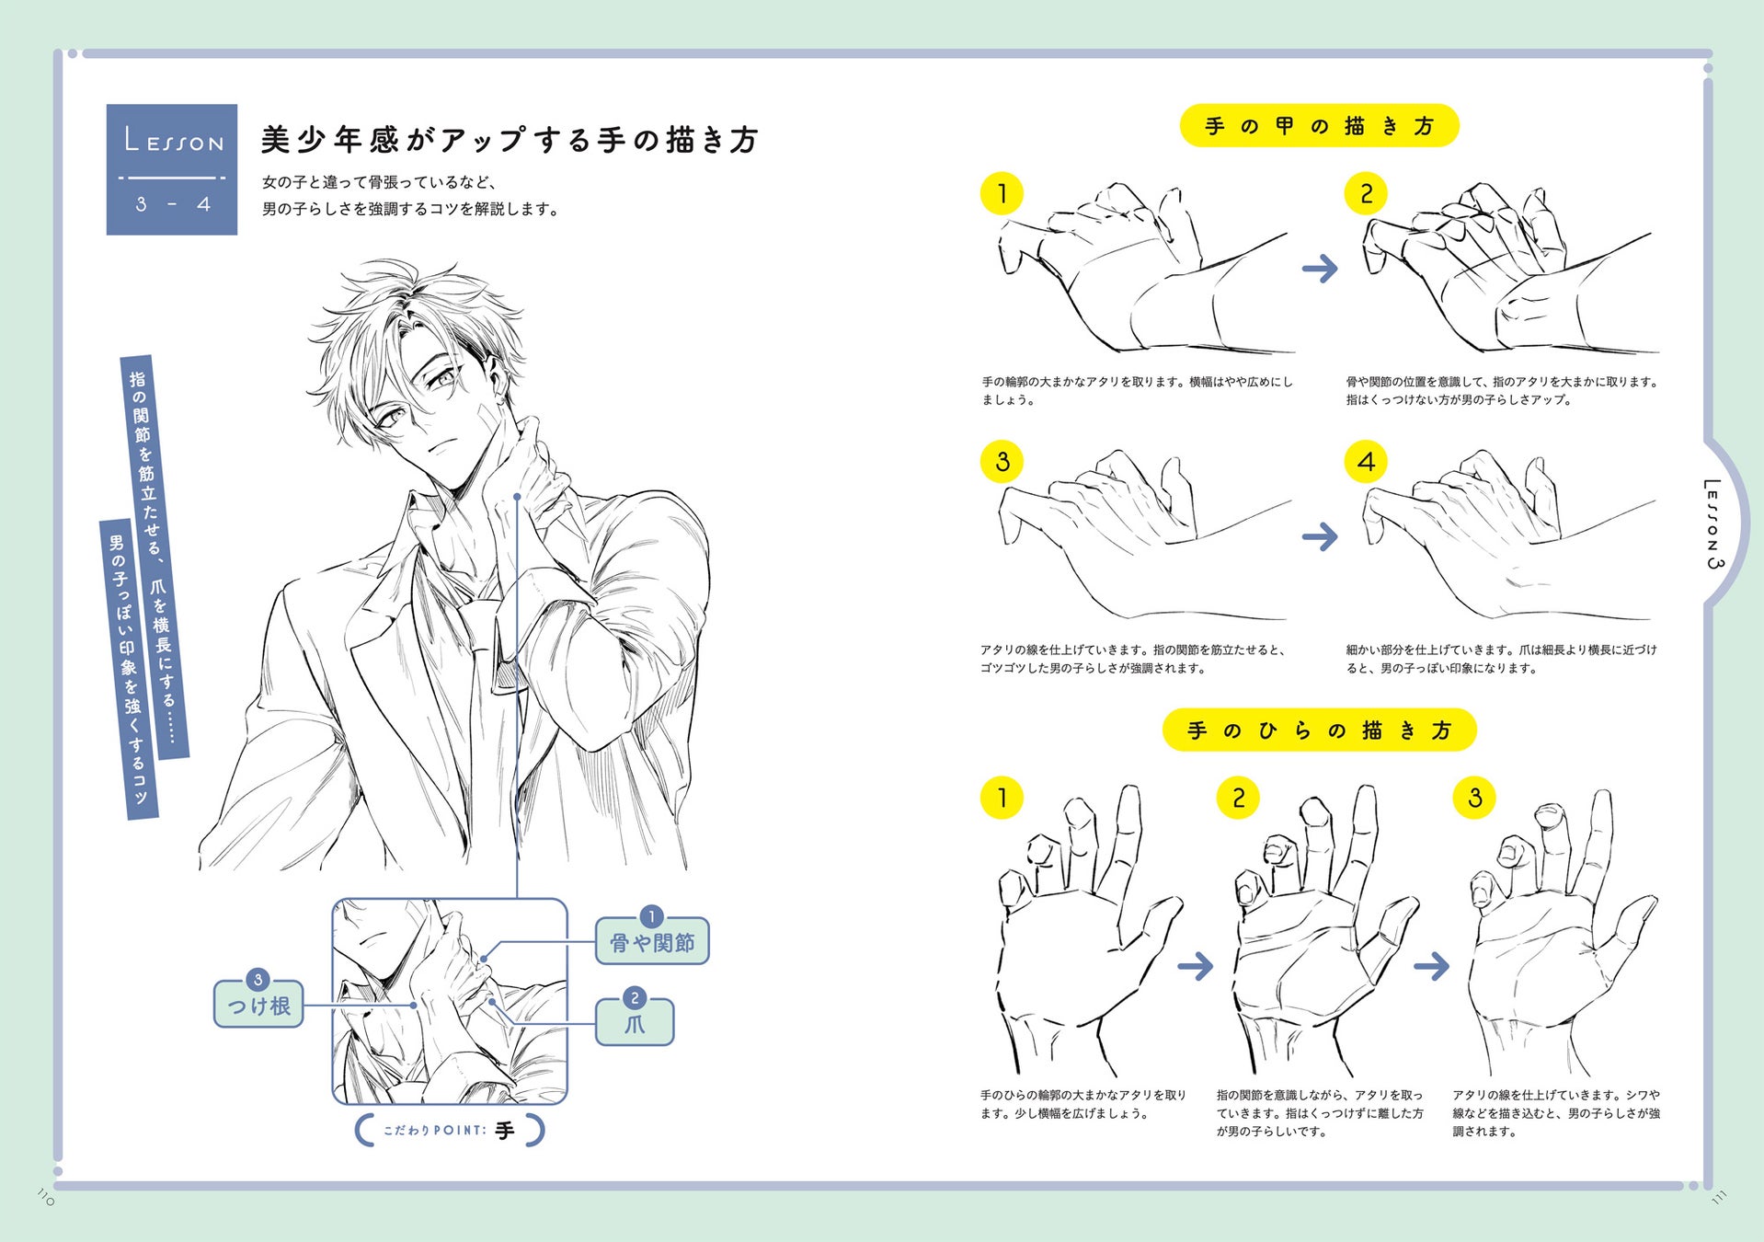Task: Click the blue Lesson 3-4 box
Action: [172, 169]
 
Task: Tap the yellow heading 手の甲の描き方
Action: [1319, 126]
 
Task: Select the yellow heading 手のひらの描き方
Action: [1319, 730]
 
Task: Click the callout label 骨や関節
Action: [652, 943]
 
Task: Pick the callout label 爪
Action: [635, 1024]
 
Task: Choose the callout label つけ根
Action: [258, 1006]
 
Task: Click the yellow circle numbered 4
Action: [1366, 462]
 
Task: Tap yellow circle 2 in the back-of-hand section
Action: [1366, 193]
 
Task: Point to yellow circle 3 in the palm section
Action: [1474, 798]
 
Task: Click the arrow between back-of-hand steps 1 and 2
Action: [1320, 269]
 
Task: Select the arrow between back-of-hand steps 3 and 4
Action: [1320, 536]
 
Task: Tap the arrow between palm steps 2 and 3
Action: [1431, 966]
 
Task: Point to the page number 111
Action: [1719, 1197]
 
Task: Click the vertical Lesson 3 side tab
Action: [1712, 523]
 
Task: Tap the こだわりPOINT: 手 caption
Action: [450, 1131]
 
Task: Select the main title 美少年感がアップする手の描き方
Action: [510, 140]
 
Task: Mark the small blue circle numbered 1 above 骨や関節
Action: [651, 916]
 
